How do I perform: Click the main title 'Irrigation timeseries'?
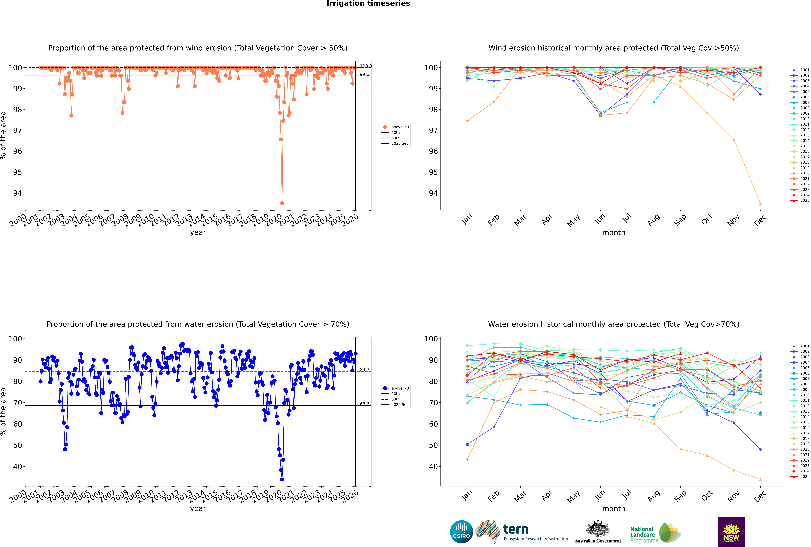(368, 3)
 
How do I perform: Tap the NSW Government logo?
(731, 532)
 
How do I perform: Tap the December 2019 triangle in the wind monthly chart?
(760, 203)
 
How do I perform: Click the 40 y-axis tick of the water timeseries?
(17, 467)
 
